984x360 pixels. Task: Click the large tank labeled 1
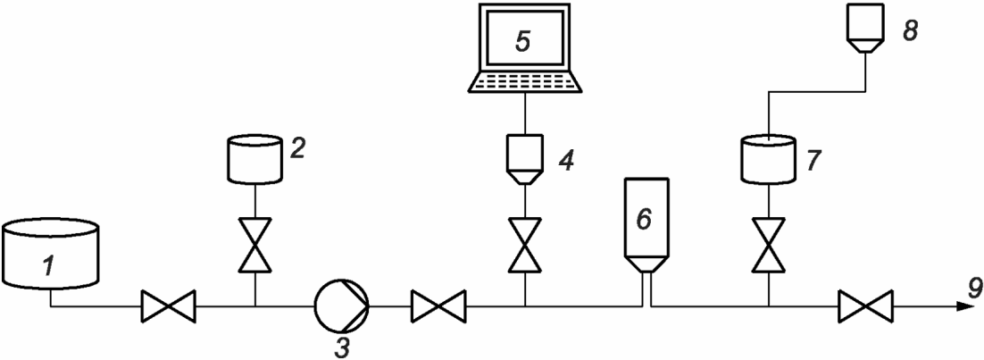point(50,254)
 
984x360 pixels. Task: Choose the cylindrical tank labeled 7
point(769,158)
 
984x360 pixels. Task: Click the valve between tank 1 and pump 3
point(168,309)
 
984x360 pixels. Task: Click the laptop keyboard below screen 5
point(525,80)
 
